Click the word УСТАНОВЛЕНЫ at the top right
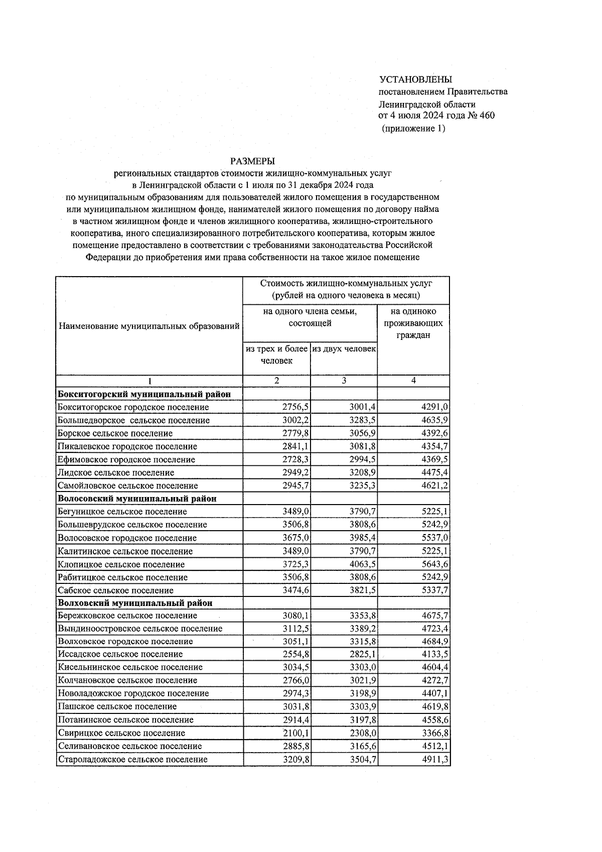click(416, 79)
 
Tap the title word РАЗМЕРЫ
click(252, 161)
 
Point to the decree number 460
click(487, 116)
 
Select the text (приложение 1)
click(413, 128)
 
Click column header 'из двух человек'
click(344, 348)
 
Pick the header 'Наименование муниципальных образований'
click(149, 326)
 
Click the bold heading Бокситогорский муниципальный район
click(144, 394)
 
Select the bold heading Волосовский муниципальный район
click(137, 499)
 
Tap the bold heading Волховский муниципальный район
click(135, 603)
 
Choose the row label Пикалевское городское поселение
click(127, 446)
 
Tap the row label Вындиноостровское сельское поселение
click(140, 629)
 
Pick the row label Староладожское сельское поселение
click(133, 760)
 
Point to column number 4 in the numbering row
click(413, 381)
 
